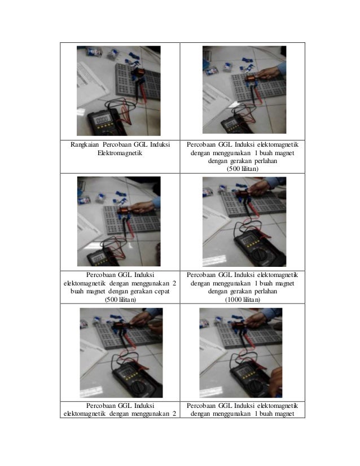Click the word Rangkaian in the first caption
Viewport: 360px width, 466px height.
(x=85, y=145)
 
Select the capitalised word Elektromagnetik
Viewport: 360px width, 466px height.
(x=120, y=153)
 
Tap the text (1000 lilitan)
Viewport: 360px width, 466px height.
(x=243, y=300)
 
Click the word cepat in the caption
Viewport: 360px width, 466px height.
(x=162, y=292)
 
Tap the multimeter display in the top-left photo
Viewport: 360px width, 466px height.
(x=102, y=120)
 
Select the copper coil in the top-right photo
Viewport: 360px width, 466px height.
(x=251, y=79)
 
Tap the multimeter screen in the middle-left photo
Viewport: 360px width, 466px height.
(x=98, y=259)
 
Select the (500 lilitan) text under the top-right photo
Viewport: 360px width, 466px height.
(x=243, y=169)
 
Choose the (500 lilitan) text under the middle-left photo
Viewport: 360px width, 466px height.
(x=120, y=300)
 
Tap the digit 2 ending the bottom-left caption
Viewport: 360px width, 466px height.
(x=174, y=414)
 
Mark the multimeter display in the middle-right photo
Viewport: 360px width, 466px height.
(x=249, y=240)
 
